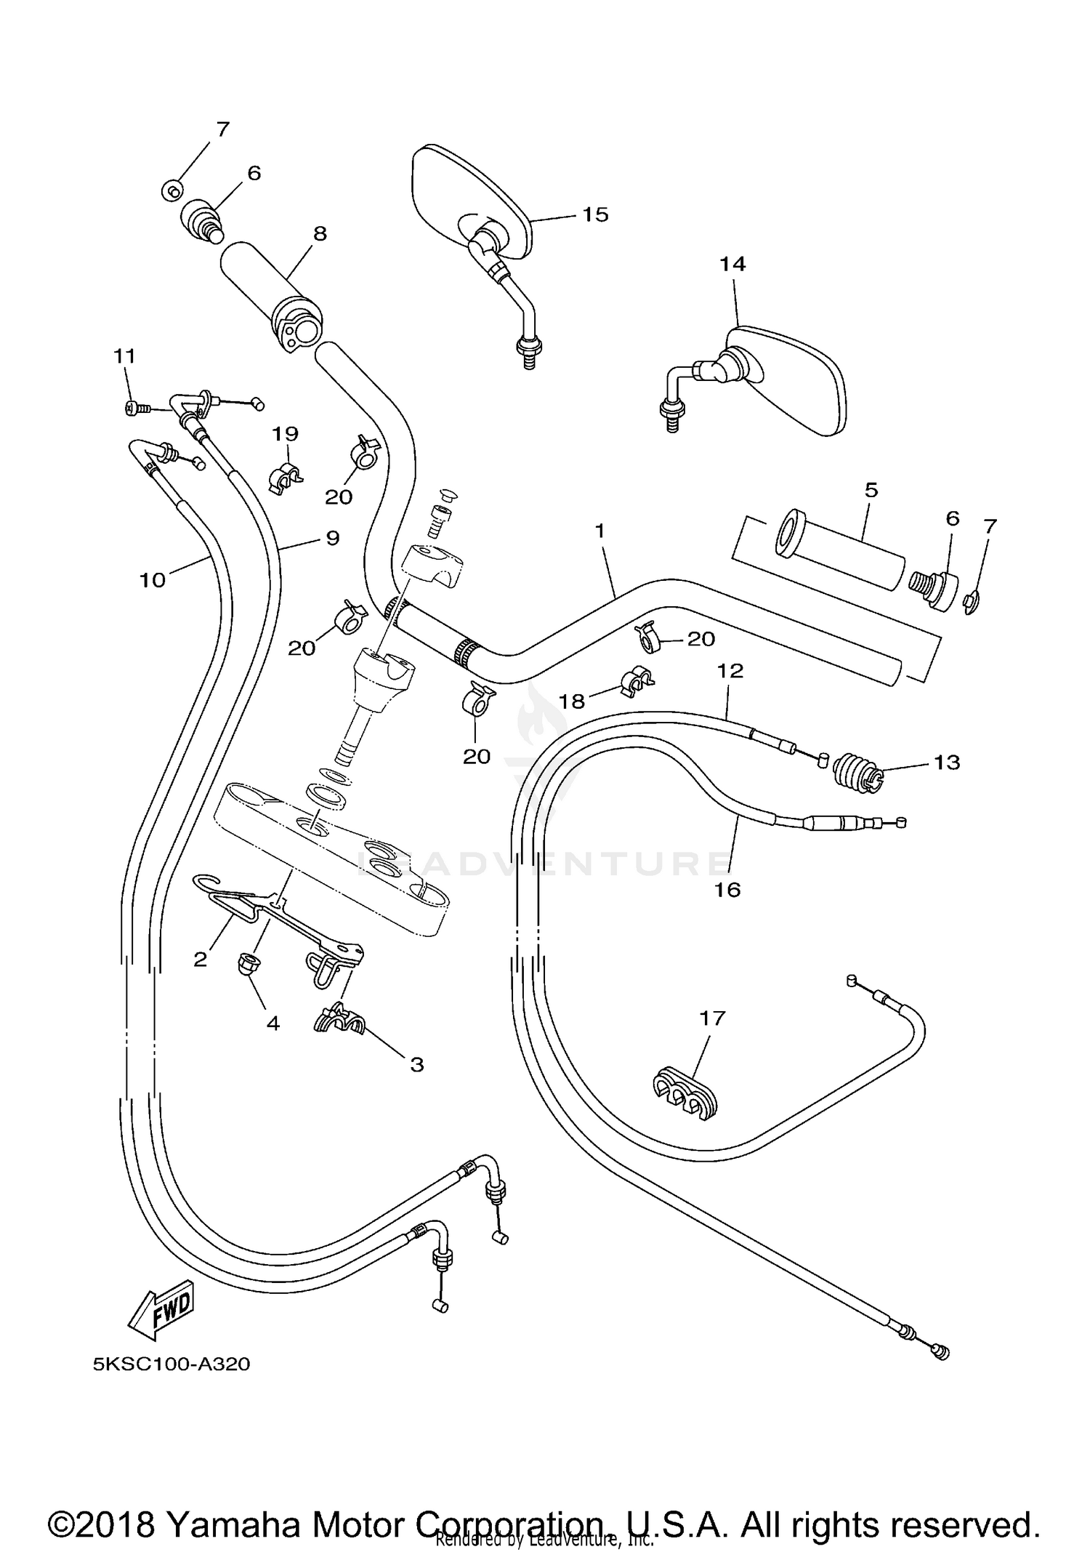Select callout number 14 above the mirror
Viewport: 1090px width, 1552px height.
coord(732,265)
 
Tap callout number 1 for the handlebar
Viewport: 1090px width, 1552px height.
coord(599,531)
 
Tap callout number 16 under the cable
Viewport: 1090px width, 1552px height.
coord(727,890)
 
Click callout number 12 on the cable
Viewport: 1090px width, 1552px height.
coord(730,670)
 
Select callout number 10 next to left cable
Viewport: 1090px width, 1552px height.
coord(153,580)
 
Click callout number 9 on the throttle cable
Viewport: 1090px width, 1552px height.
coord(332,539)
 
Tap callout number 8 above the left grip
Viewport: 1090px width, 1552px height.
coord(319,234)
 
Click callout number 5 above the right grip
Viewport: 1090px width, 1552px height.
coord(871,490)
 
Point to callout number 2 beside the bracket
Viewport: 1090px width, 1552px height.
coord(201,960)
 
